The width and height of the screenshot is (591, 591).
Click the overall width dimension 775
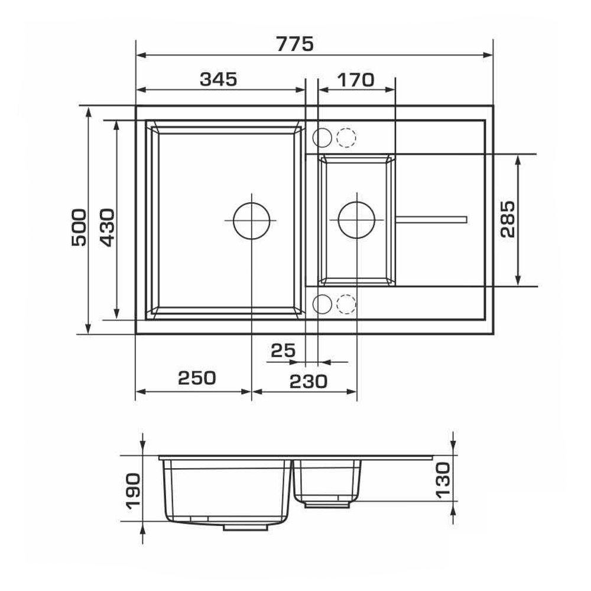click(x=295, y=44)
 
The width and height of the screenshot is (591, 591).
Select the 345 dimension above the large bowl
click(x=219, y=79)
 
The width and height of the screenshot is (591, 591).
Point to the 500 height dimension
click(x=79, y=228)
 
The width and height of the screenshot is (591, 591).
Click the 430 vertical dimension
click(x=107, y=228)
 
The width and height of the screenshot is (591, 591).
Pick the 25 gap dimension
click(x=282, y=351)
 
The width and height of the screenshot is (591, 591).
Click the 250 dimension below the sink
click(x=197, y=378)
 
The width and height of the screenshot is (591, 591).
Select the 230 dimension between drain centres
click(x=309, y=382)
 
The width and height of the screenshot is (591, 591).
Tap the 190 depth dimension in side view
click(x=133, y=492)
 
